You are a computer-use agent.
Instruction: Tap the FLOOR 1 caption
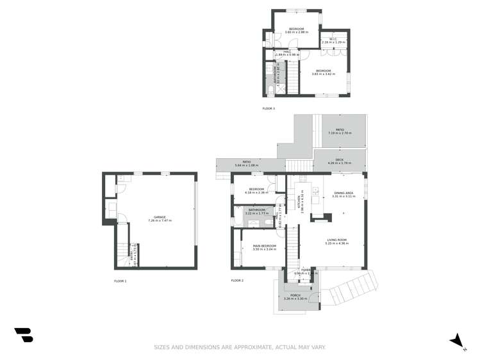120,281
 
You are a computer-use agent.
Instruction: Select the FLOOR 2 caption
237,281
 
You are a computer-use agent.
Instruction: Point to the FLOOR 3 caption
269,108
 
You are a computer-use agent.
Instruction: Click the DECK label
339,161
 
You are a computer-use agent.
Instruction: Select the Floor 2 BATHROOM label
257,211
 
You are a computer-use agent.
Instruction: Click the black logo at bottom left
24,334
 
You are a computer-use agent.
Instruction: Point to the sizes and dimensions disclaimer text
240,347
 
